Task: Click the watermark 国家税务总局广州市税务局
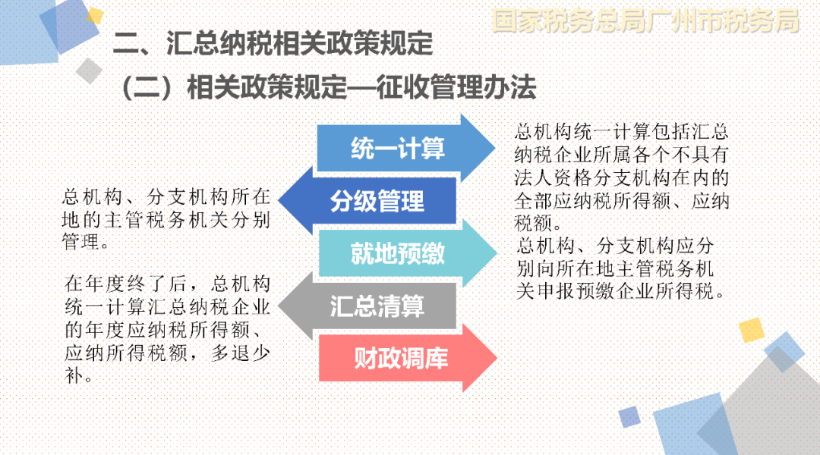coord(646,21)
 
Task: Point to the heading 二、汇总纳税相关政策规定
coord(273,42)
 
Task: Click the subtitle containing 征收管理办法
coord(329,86)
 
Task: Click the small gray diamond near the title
coord(89,71)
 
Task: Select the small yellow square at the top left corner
coord(95,16)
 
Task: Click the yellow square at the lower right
coord(752,330)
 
